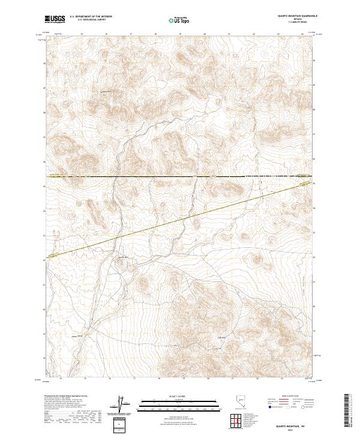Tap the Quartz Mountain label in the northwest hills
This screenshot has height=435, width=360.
coord(106,92)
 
